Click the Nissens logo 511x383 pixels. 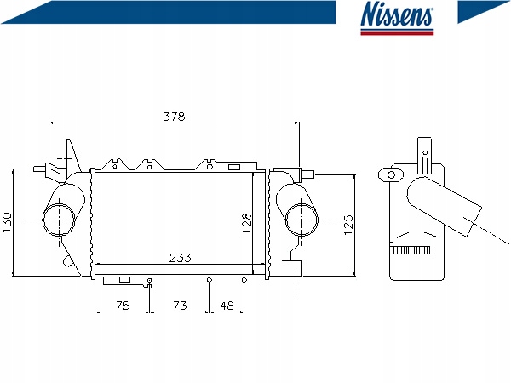tap(397, 18)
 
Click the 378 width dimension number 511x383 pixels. tap(174, 117)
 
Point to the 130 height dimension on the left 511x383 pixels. tap(7, 222)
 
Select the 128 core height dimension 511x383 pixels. tap(247, 223)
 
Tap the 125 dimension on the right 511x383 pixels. tap(348, 225)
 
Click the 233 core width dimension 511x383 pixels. tap(181, 258)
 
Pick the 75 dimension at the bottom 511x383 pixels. tap(123, 306)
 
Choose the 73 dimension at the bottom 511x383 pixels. tap(180, 306)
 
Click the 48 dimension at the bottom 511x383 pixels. tap(227, 306)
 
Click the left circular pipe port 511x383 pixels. tap(43, 220)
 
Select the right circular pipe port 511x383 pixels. tap(285, 220)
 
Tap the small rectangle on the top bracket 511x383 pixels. tap(234, 167)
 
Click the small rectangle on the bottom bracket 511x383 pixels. tap(125, 279)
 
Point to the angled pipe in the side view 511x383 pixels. tap(445, 206)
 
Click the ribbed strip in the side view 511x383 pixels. tap(410, 250)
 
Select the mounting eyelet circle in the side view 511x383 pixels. tap(391, 174)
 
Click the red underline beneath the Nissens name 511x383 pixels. tap(397, 33)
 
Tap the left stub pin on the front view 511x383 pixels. tap(39, 169)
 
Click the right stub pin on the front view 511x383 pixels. tap(308, 174)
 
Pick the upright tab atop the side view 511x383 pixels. tap(425, 156)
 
